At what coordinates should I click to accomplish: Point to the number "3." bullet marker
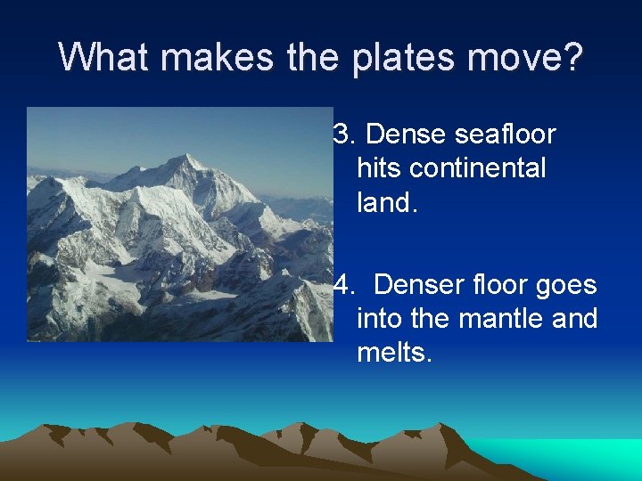[343, 135]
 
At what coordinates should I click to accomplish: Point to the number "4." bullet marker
[343, 285]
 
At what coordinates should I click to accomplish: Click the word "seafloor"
[505, 135]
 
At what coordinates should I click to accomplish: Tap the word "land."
[387, 202]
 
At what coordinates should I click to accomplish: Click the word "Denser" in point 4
[416, 285]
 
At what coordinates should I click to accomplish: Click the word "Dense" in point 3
[406, 135]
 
